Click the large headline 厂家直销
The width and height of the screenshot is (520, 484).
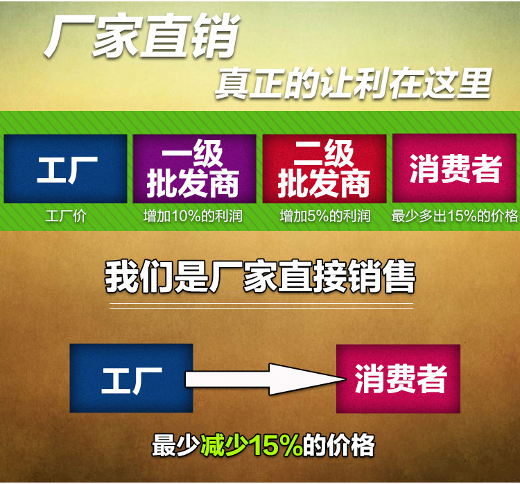coord(141,35)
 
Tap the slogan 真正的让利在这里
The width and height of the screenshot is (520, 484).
coord(353,83)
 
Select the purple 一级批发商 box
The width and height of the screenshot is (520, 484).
coord(194,168)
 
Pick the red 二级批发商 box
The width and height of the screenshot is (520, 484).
coord(324,168)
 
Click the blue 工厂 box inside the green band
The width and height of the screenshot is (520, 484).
coord(65,168)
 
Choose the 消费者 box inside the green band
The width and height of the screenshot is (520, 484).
coord(454,168)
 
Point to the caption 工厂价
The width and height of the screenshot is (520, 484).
coord(66,216)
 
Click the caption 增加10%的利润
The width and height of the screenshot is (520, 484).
coord(193,216)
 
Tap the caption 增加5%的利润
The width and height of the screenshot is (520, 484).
coord(325,216)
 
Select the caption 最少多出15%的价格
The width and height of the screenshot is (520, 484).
coord(454,216)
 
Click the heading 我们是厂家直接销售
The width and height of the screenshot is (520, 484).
coord(260,277)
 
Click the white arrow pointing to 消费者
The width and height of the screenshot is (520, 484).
coord(266,379)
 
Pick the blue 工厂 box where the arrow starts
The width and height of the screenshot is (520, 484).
coord(131,378)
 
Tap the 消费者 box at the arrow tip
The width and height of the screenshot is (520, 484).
coord(398,379)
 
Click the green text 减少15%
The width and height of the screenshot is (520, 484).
coord(252,445)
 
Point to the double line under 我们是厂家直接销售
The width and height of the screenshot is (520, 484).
coord(261,306)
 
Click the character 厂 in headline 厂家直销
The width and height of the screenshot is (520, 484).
coord(67,35)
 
